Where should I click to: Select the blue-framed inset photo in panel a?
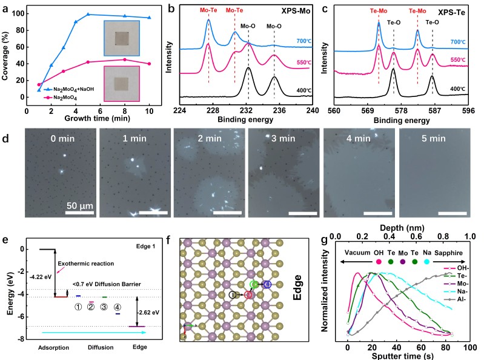[x=123, y=39]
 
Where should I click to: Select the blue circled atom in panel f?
[x=267, y=284]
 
